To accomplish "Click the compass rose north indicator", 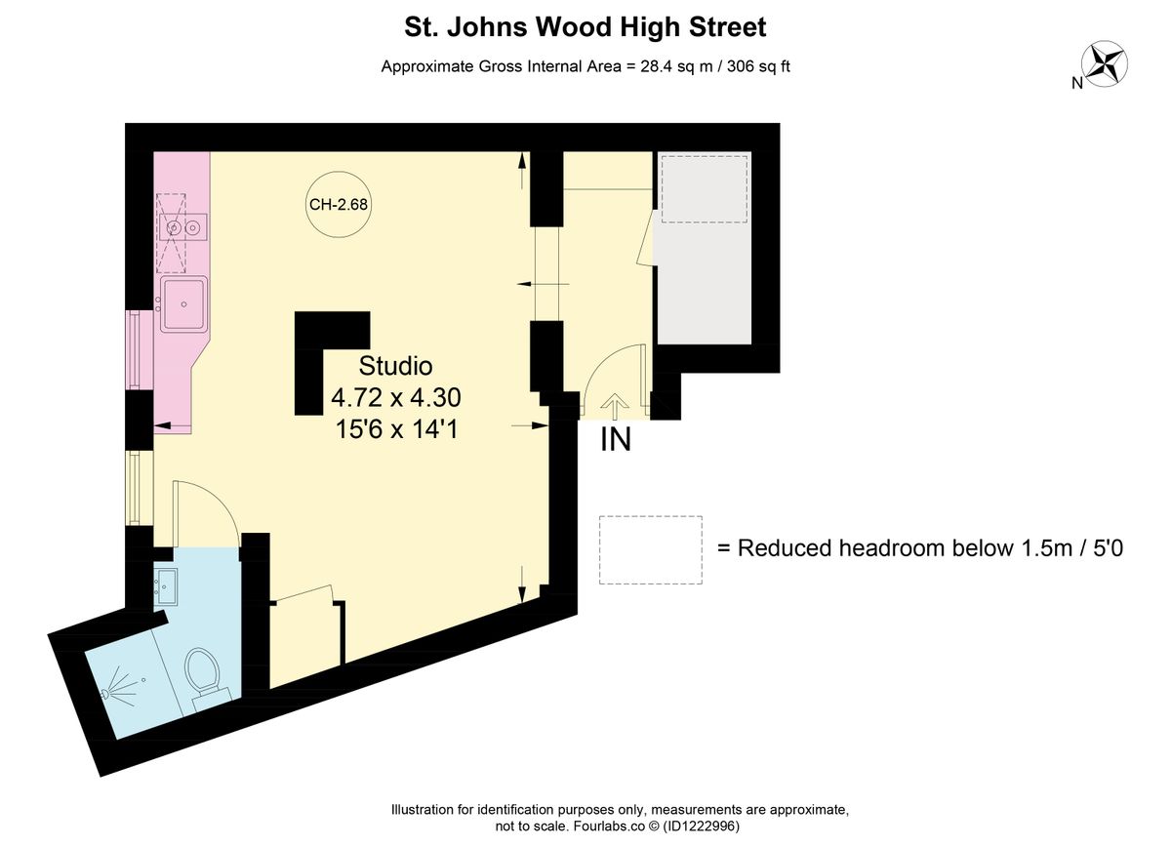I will pos(1106,65).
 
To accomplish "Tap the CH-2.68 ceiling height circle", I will pos(338,205).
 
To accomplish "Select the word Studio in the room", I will pos(395,367).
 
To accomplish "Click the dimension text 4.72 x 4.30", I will pos(395,398).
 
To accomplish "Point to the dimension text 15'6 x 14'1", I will pos(395,429).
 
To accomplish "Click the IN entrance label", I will pos(615,440).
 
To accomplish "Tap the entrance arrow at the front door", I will pos(615,403).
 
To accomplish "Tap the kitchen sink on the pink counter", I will pos(183,303).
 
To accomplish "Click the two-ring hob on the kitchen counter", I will pos(183,228).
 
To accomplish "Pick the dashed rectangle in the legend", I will pos(650,550).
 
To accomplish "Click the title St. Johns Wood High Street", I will pos(585,27).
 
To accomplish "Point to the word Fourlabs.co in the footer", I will pos(609,826).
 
